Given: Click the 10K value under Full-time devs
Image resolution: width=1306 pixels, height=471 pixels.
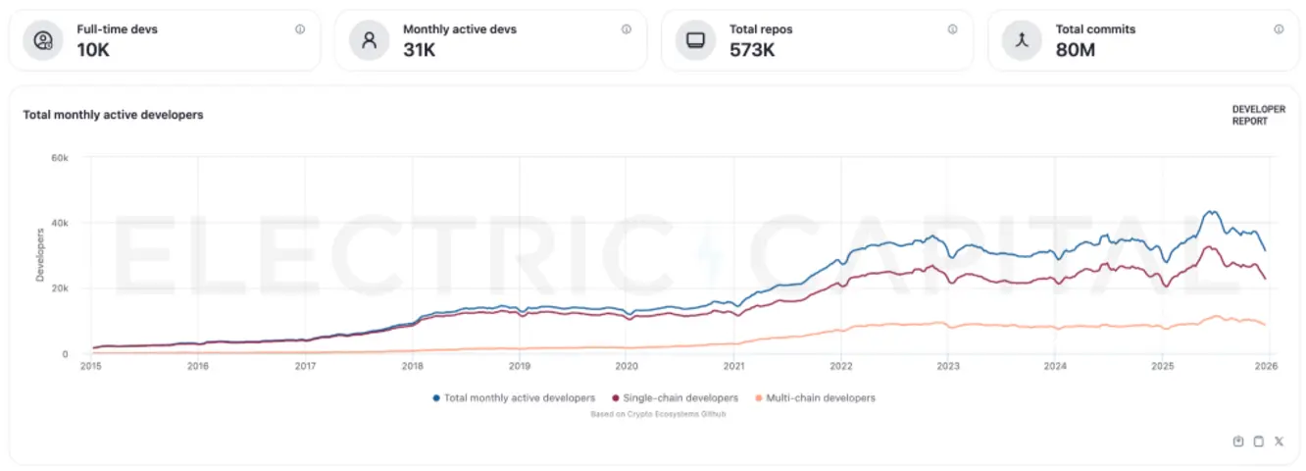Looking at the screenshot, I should coord(93,49).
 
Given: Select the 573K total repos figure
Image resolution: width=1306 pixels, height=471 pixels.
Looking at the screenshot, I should coord(752,49).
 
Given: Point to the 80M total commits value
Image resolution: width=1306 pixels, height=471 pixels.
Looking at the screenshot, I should coord(1076,49).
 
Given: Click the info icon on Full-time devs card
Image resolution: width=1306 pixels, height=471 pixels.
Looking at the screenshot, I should coord(300,29).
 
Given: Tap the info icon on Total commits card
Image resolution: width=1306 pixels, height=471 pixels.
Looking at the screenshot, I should coord(1279,29).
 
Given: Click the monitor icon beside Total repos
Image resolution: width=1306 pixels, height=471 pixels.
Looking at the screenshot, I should coord(695,40).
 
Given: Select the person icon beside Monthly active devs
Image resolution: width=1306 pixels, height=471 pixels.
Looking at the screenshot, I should coord(370,40).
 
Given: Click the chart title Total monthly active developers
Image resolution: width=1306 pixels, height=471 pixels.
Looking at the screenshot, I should coord(113,115).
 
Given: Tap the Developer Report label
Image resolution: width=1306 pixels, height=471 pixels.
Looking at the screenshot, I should coord(1258,116).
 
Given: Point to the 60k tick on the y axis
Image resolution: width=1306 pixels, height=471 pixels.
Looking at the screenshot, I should coord(59,157).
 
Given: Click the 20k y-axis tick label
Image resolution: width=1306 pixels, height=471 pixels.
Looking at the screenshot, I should coord(59,288).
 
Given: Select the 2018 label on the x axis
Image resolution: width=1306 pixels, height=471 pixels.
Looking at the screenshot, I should coord(412,367).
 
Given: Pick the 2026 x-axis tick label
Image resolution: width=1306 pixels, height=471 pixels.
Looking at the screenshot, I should coord(1265,367).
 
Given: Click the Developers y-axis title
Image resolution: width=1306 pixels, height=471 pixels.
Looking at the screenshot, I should coord(40,255).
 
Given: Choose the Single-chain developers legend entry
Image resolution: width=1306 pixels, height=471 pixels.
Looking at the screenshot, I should coord(674,398).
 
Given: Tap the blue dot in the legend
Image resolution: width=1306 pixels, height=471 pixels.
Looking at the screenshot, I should coord(435,398).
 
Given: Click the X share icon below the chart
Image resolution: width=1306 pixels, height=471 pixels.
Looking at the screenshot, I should coord(1279,442).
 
